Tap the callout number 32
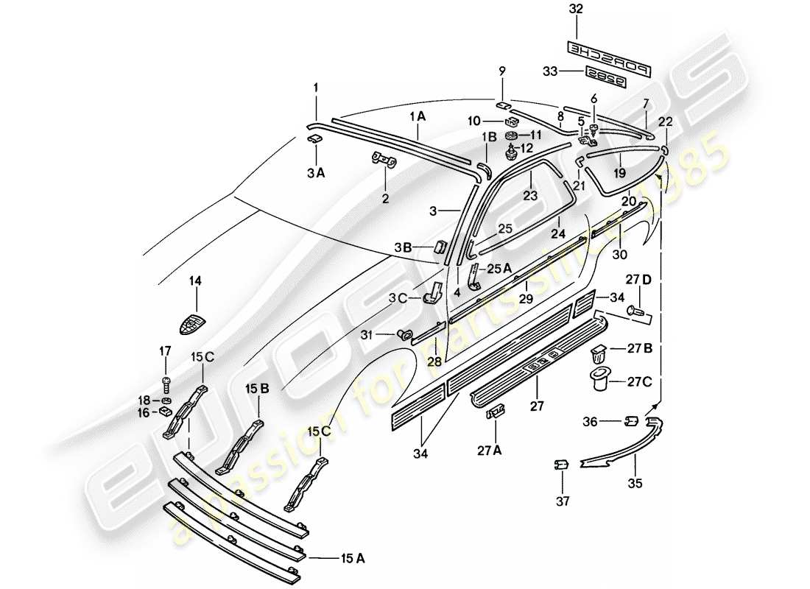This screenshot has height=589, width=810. click(x=576, y=10)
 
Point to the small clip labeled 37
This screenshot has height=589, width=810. click(x=562, y=465)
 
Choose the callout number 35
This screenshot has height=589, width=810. click(x=635, y=484)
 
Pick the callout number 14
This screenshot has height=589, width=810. click(x=196, y=280)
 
